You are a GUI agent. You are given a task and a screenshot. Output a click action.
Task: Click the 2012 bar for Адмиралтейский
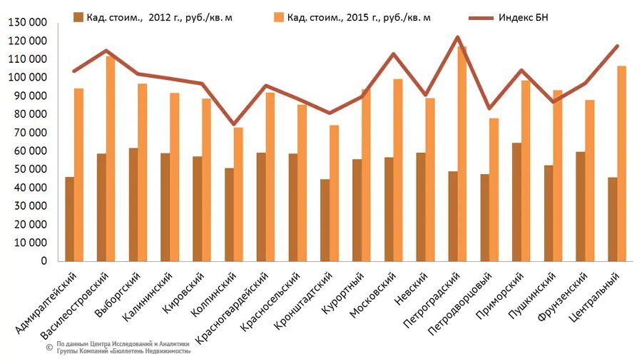(x=69, y=218)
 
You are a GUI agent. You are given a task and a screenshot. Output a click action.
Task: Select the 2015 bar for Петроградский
(x=462, y=153)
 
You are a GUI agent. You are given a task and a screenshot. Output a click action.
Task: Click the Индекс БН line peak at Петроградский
(x=457, y=37)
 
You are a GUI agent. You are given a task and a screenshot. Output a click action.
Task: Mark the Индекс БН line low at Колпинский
(x=233, y=124)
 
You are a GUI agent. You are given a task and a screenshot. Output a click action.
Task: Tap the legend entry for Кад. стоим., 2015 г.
(x=358, y=16)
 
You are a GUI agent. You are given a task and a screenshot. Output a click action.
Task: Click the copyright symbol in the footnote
(x=49, y=347)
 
